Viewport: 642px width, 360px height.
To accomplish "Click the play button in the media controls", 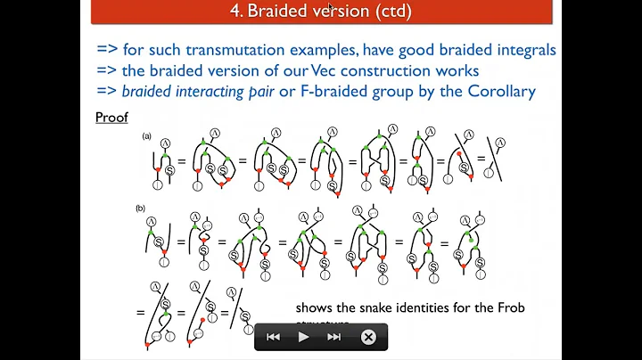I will point(303,337).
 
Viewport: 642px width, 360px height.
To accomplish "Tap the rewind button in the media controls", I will point(273,337).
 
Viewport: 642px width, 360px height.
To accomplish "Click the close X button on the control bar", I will point(368,337).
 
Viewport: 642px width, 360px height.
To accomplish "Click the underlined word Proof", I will point(112,118).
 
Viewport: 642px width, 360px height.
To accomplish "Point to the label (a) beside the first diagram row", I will point(147,136).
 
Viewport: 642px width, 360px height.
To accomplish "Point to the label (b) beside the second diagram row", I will point(140,208).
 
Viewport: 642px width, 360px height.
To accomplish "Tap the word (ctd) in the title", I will point(393,12).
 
